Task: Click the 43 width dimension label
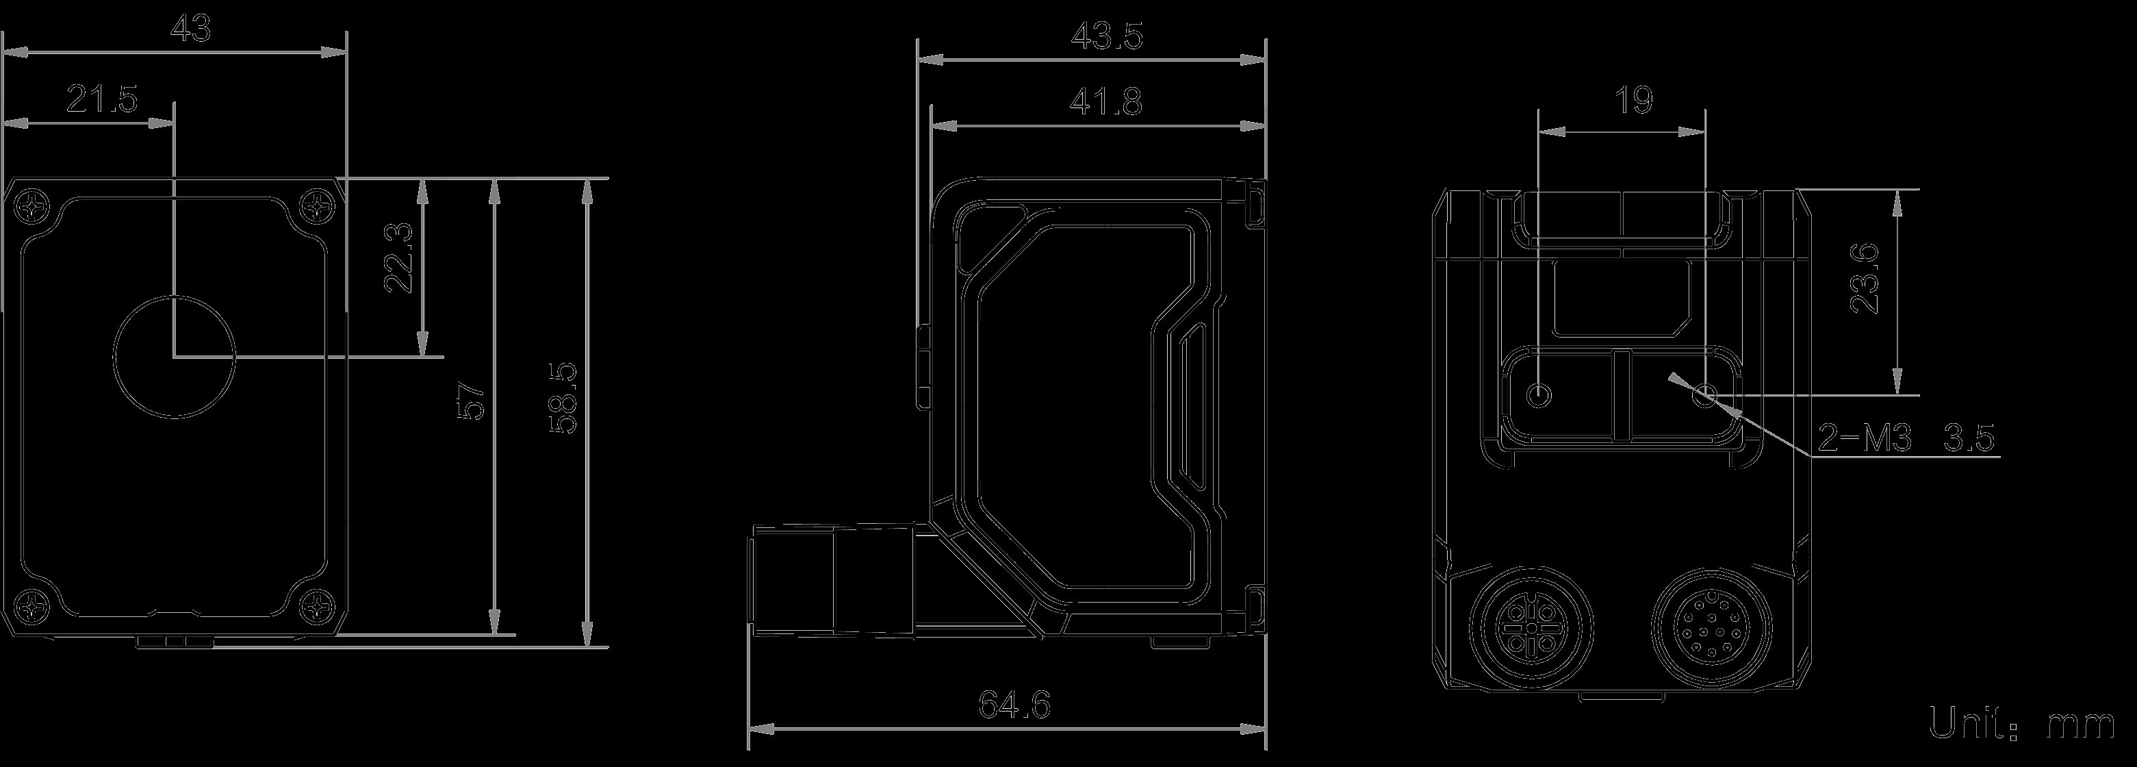tap(190, 31)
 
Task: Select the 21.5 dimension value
tap(101, 101)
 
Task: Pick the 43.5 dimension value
tap(1107, 38)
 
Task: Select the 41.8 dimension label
tap(1107, 103)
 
